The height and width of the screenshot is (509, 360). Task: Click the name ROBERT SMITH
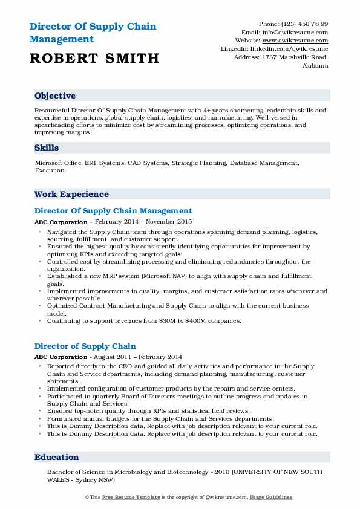[94, 58]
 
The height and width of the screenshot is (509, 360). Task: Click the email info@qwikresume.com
[294, 33]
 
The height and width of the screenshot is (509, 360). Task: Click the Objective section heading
[55, 96]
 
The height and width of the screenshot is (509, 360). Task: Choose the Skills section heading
[47, 148]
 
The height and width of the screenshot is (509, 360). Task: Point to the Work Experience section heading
[71, 195]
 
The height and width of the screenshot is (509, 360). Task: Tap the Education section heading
[57, 458]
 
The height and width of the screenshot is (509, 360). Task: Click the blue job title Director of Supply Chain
[85, 346]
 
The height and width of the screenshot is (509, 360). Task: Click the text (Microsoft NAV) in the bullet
[159, 276]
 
